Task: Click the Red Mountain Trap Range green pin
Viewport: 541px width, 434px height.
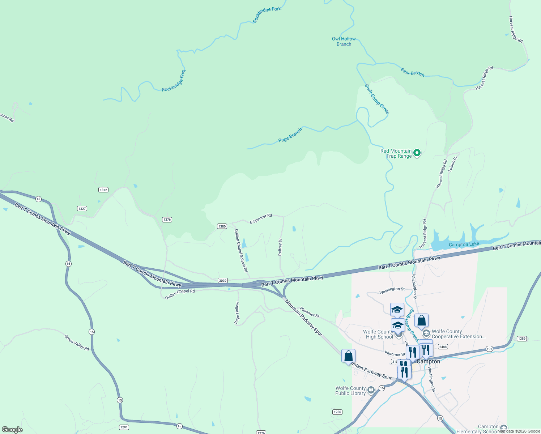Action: [x=417, y=153]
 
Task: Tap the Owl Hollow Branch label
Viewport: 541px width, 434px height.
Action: [x=344, y=42]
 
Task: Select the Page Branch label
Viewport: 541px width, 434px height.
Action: [x=290, y=135]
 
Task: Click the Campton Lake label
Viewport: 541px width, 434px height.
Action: [x=464, y=244]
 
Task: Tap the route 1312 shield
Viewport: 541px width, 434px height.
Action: [x=103, y=190]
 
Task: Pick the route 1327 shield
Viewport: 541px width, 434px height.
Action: [x=82, y=209]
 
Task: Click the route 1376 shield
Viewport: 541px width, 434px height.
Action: [x=167, y=220]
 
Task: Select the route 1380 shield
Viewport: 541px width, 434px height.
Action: [x=222, y=226]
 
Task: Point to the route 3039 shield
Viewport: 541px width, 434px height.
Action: [x=223, y=281]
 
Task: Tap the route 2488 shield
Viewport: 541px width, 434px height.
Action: [x=443, y=346]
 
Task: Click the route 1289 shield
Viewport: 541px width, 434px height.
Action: [x=521, y=339]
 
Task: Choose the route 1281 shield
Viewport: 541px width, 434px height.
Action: [x=124, y=427]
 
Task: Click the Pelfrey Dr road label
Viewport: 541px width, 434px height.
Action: [x=280, y=247]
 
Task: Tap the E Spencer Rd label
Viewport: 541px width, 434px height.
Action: [x=261, y=218]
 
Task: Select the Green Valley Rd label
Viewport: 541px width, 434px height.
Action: [x=77, y=342]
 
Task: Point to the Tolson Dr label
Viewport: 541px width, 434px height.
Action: [x=453, y=164]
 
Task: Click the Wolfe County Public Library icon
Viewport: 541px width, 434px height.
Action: [x=371, y=390]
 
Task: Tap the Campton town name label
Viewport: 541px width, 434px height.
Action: [x=429, y=361]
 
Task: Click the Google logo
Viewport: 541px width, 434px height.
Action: [x=12, y=430]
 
